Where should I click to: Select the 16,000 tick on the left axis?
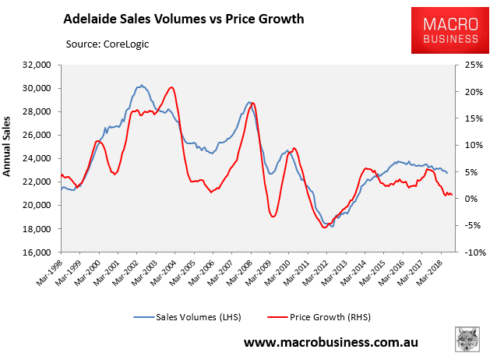[37, 252]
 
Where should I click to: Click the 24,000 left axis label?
[37, 159]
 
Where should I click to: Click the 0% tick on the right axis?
[469, 199]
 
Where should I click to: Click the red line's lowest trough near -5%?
[325, 227]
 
